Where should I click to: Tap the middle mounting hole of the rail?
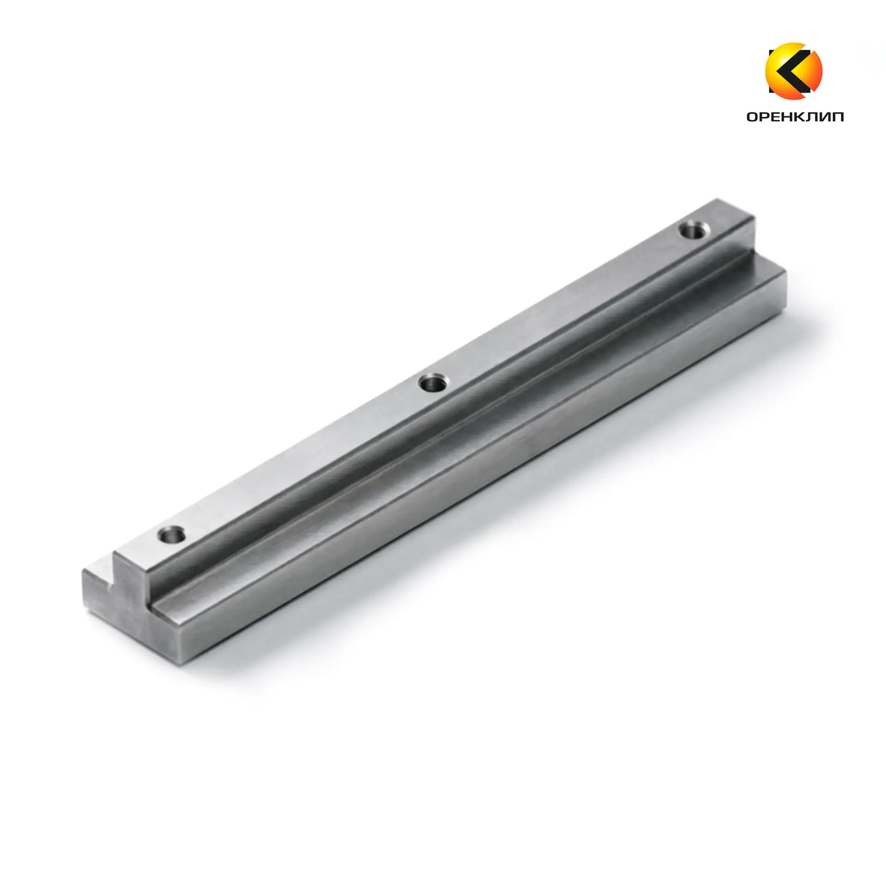tap(433, 383)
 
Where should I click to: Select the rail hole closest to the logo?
tap(694, 229)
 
